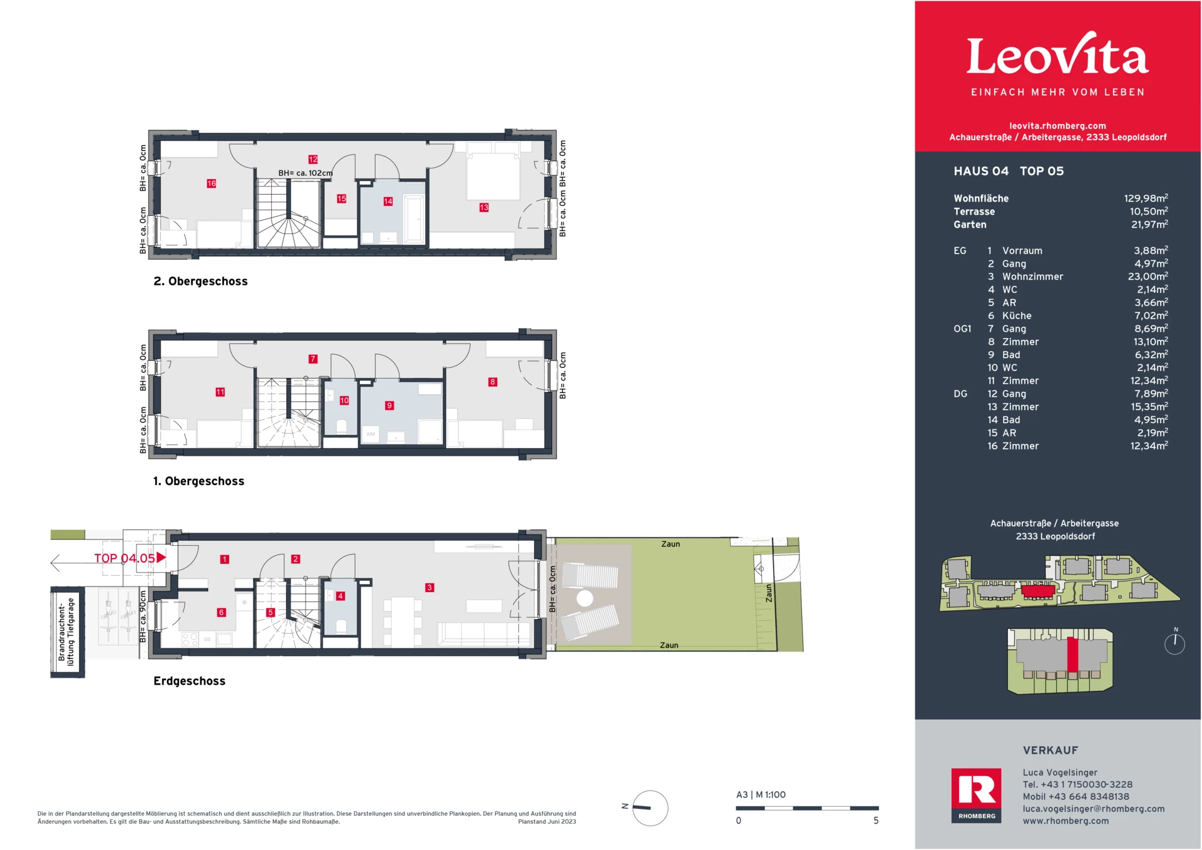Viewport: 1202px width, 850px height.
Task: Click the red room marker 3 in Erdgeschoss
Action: click(429, 587)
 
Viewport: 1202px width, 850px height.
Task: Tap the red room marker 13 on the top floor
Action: click(484, 207)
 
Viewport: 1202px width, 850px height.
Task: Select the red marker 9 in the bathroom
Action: click(389, 406)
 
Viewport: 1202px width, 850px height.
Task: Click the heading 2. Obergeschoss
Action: click(200, 282)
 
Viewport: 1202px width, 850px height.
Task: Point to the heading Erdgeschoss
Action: click(189, 681)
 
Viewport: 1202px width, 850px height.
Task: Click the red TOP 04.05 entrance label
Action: click(125, 558)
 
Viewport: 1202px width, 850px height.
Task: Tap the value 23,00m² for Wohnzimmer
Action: click(1148, 277)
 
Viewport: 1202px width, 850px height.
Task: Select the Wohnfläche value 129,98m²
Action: click(1146, 198)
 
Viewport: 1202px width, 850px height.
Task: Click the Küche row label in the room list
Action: click(1016, 316)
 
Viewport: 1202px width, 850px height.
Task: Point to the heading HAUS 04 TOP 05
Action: click(1008, 172)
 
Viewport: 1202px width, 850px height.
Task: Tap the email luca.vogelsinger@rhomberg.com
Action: click(1093, 809)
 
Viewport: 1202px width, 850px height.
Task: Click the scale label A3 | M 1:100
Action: click(761, 795)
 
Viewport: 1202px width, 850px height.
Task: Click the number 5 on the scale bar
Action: click(876, 821)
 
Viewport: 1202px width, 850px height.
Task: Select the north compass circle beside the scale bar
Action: click(650, 808)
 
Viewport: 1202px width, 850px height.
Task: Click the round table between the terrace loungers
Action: click(585, 598)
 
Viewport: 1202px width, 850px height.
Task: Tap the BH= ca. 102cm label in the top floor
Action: click(305, 173)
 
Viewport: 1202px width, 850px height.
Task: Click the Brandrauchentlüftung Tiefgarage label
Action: click(66, 633)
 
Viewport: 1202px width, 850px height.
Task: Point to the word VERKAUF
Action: click(1050, 750)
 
